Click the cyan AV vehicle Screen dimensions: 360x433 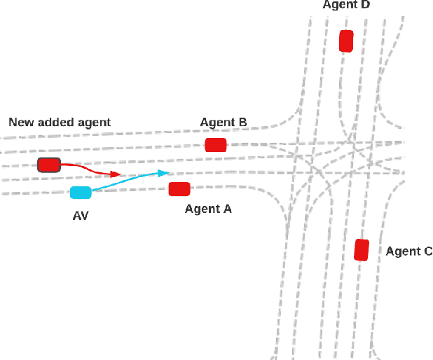point(81,193)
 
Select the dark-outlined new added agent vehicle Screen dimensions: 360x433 point(49,165)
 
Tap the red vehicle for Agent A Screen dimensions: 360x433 point(179,188)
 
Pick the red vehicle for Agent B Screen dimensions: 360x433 point(216,145)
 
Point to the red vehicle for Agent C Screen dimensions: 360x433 point(362,250)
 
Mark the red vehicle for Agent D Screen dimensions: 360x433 point(346,41)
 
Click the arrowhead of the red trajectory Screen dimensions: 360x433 point(116,174)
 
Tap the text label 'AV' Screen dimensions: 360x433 point(81,216)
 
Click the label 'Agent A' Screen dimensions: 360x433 point(208,209)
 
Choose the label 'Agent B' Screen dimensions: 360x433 point(224,123)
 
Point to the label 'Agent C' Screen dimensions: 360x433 point(409,251)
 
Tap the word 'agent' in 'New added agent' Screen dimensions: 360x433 point(94,123)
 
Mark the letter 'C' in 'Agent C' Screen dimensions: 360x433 point(428,251)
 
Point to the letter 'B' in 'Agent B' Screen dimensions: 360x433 point(242,123)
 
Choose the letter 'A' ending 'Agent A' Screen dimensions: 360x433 point(227,209)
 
